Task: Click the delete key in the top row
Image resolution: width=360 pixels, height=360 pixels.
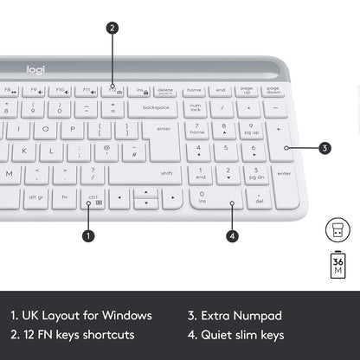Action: click(164, 90)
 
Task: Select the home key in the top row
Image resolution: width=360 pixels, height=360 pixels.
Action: click(195, 90)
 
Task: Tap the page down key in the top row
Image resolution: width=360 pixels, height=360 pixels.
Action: click(273, 90)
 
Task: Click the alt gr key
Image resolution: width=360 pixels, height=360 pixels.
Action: click(35, 197)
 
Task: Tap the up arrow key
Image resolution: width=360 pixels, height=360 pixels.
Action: click(145, 191)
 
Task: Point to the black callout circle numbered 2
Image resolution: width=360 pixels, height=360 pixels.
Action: click(112, 28)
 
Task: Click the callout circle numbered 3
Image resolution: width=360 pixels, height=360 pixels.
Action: click(325, 148)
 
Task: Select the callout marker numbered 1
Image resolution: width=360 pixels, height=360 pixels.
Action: click(88, 235)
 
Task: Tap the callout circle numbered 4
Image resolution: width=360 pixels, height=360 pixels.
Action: click(232, 235)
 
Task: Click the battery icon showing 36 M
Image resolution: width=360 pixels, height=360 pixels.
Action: click(337, 262)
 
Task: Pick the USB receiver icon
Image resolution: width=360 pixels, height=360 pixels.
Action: click(337, 229)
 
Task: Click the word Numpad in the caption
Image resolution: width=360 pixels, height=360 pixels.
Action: click(260, 316)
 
